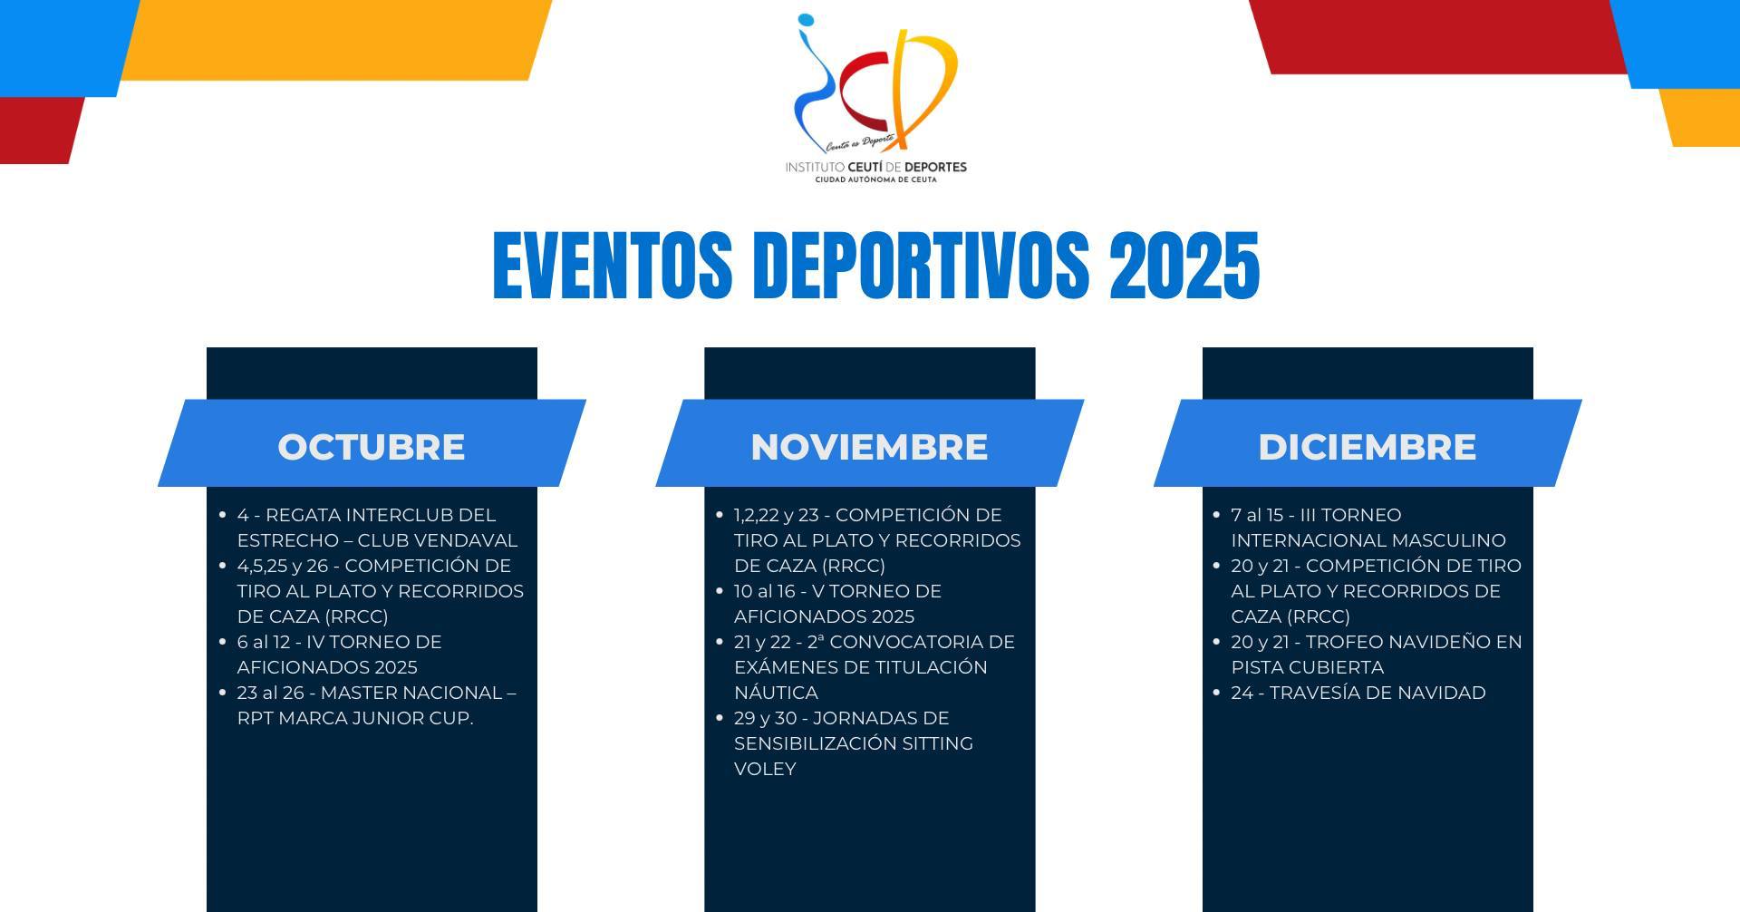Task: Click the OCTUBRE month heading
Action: tap(372, 447)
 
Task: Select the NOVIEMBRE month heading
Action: tap(869, 447)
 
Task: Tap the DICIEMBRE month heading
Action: tap(1367, 447)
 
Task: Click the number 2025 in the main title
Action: tap(1184, 265)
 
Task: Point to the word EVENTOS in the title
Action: tap(613, 265)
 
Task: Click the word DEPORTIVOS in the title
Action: tap(922, 265)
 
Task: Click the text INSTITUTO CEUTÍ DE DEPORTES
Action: tap(875, 167)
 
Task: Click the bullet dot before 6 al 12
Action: tap(223, 642)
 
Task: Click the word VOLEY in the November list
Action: tap(765, 769)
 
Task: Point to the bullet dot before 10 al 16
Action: tap(720, 591)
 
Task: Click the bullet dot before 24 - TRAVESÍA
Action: tap(1217, 693)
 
